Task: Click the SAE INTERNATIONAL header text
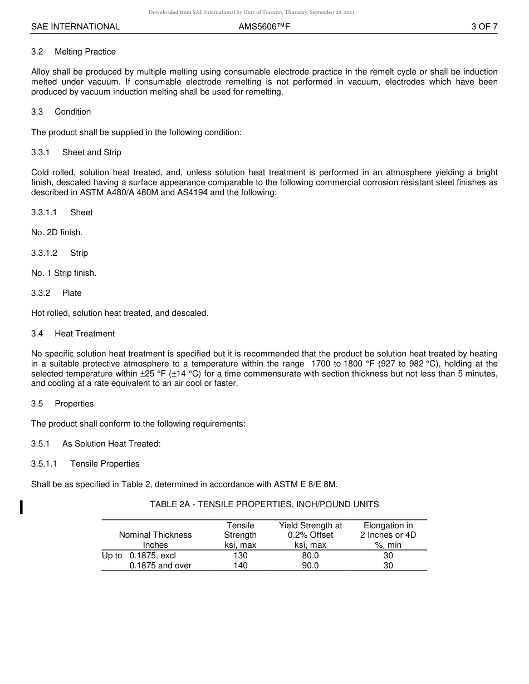pyautogui.click(x=75, y=27)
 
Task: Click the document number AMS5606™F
pyautogui.click(x=264, y=27)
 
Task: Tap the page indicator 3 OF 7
pyautogui.click(x=484, y=27)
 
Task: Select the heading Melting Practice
pyautogui.click(x=85, y=52)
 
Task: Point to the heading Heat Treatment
pyautogui.click(x=85, y=334)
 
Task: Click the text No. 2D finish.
pyautogui.click(x=57, y=232)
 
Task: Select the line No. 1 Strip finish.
pyautogui.click(x=63, y=273)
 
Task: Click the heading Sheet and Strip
pyautogui.click(x=91, y=152)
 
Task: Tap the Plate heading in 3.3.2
pyautogui.click(x=72, y=293)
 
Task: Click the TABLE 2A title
pyautogui.click(x=264, y=504)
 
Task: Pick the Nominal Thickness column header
pyautogui.click(x=155, y=535)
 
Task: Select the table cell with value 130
pyautogui.click(x=241, y=556)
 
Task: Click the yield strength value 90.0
pyautogui.click(x=310, y=566)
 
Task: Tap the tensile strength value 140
pyautogui.click(x=241, y=566)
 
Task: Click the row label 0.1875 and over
pyautogui.click(x=160, y=566)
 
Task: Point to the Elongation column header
pyautogui.click(x=388, y=535)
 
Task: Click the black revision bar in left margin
pyautogui.click(x=21, y=507)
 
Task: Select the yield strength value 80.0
pyautogui.click(x=310, y=556)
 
